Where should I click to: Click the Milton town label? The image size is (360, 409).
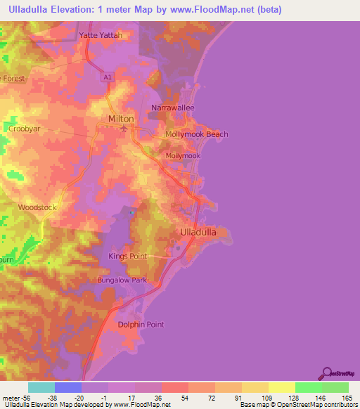click(120, 119)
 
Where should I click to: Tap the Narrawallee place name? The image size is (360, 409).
click(172, 108)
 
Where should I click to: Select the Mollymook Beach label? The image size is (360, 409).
click(196, 134)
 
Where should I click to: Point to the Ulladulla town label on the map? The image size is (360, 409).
click(201, 231)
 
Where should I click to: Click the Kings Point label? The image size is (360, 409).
click(127, 256)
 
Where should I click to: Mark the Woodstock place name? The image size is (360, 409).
click(37, 207)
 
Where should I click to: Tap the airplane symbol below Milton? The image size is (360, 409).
click(124, 128)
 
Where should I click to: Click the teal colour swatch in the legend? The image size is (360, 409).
click(41, 387)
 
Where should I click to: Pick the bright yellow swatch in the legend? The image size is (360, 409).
click(281, 387)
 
